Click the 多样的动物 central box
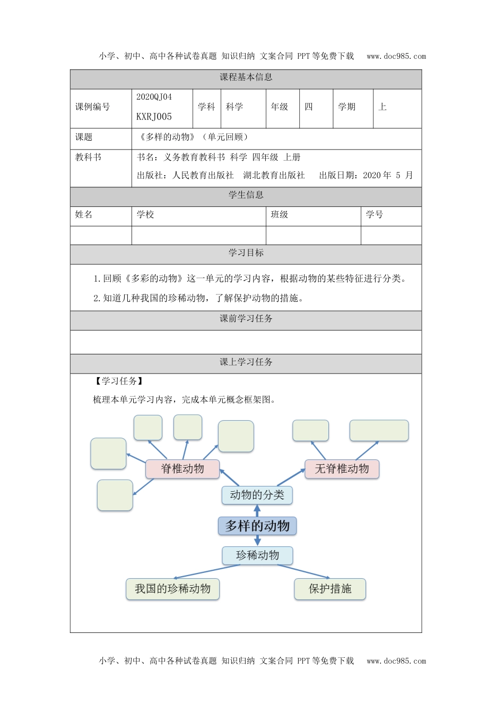coord(257,526)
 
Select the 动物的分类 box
coord(257,495)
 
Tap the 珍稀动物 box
coord(257,555)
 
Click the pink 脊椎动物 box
coord(183,468)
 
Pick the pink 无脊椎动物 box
coord(342,468)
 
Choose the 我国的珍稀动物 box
coord(172,589)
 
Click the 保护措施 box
coord(330,589)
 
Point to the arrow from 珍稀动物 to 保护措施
coord(304,571)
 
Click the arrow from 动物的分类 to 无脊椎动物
coord(291,477)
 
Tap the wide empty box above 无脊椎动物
coord(379,430)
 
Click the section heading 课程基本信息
coord(246,77)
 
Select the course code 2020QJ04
coord(154,97)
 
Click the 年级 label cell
coord(280,107)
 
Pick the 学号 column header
coord(374,214)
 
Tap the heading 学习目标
coord(246,253)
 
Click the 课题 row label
coord(84,137)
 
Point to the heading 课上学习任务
coord(246,362)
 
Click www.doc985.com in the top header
coord(396,56)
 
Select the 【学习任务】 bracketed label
coord(118,381)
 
